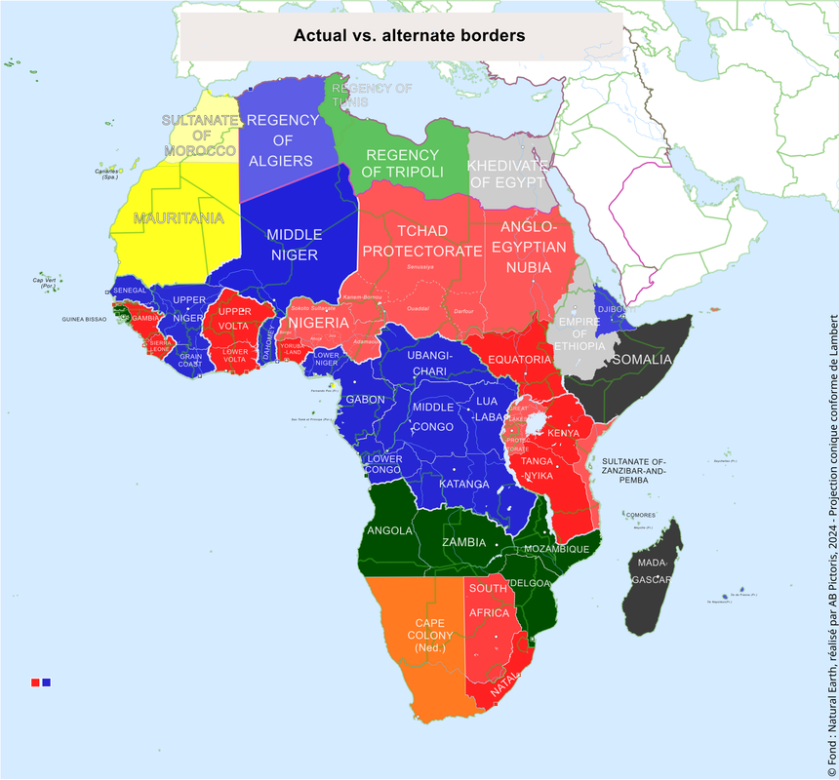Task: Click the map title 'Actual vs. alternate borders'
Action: point(410,36)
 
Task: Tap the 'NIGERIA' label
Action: point(318,323)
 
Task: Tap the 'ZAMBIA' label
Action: point(465,542)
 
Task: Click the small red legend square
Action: point(35,682)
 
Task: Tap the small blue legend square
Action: point(46,682)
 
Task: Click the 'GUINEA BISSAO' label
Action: point(84,319)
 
